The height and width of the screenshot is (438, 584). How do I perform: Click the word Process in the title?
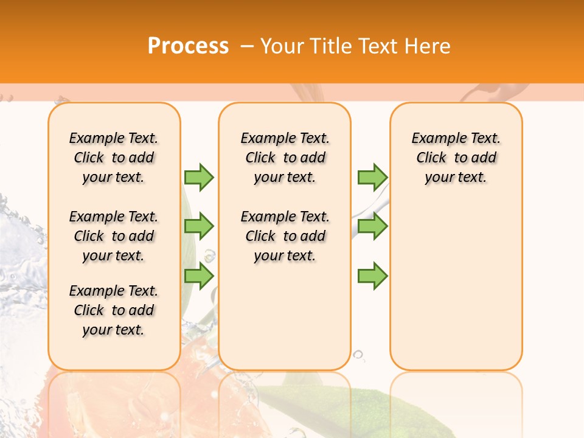tap(188, 46)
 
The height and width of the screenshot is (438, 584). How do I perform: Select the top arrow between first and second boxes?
tap(199, 177)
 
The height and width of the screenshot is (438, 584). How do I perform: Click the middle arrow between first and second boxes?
tap(199, 226)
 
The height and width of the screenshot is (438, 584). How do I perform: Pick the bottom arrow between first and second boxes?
tap(199, 276)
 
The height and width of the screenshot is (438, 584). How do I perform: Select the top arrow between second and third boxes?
tap(372, 177)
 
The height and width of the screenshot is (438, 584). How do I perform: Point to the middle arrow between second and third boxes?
tap(372, 226)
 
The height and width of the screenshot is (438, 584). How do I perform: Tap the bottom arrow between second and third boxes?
tap(372, 276)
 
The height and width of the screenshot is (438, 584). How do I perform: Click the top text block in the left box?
tap(114, 158)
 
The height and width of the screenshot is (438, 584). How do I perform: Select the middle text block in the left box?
tap(114, 236)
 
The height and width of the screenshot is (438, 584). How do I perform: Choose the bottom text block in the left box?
tap(114, 310)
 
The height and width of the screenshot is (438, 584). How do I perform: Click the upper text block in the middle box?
tap(285, 158)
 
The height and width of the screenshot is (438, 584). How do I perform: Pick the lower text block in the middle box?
tap(285, 236)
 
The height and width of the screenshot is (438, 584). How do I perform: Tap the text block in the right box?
tap(456, 158)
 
